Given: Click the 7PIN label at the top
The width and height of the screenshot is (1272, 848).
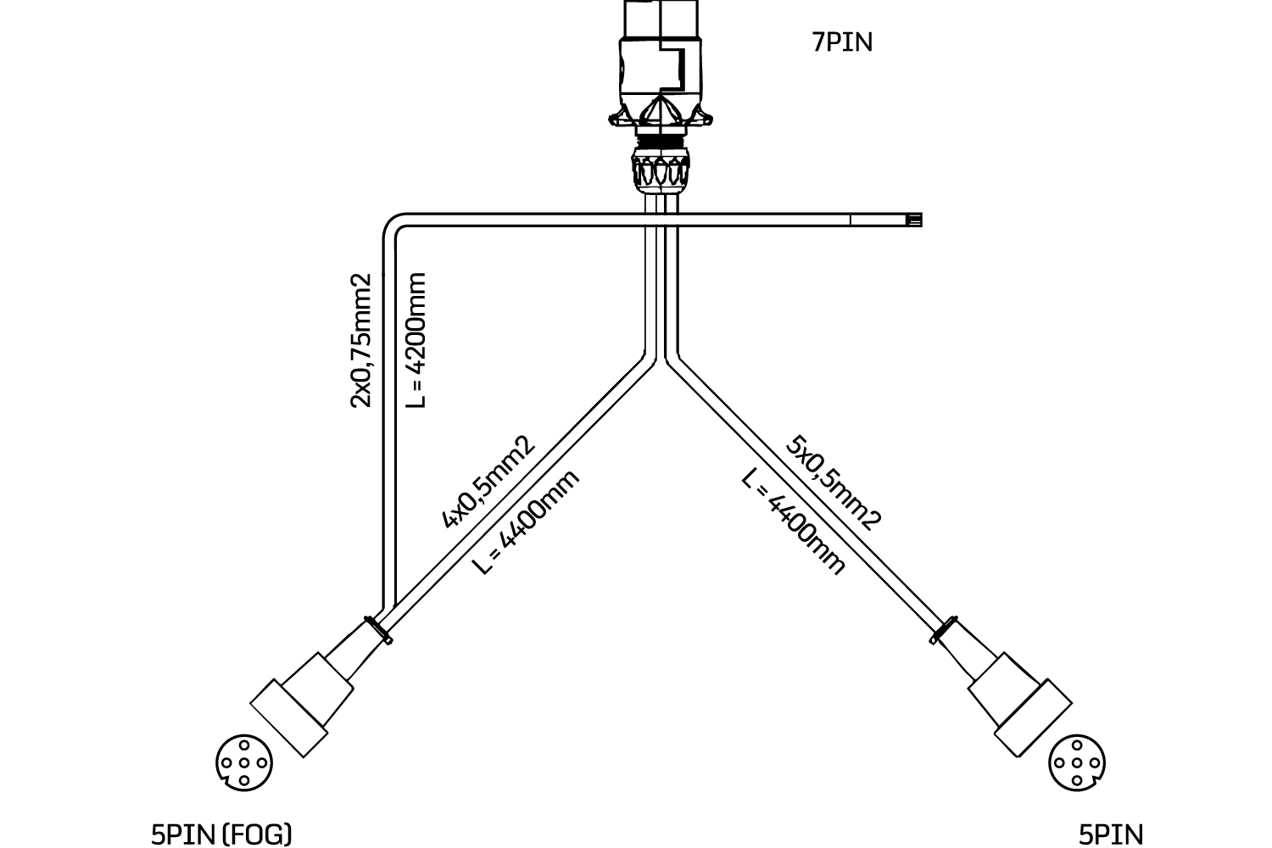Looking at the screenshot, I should [842, 42].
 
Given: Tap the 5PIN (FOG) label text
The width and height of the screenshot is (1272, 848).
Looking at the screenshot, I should [220, 834].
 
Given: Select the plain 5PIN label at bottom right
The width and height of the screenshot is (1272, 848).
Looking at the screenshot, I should [1110, 834].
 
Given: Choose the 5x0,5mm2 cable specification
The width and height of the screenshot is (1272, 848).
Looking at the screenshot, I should [834, 482].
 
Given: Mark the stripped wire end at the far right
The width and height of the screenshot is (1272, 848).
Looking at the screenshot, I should [914, 220].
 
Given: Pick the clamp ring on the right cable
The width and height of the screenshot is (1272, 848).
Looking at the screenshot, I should [944, 629].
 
